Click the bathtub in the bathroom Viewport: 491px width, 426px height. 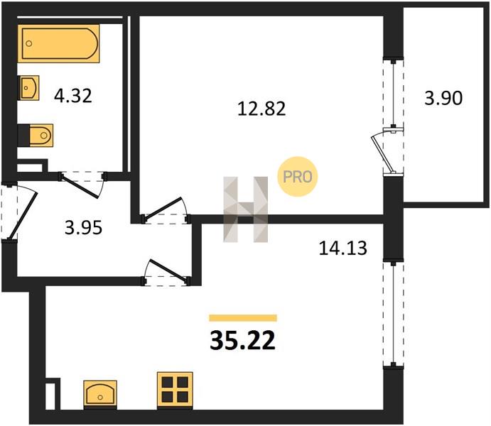pyautogui.click(x=58, y=43)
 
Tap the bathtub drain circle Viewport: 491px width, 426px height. pyautogui.click(x=29, y=44)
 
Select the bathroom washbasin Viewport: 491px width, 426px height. pyautogui.click(x=28, y=88)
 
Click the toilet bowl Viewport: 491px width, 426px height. pyautogui.click(x=41, y=136)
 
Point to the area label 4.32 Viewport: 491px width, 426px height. pyautogui.click(x=73, y=96)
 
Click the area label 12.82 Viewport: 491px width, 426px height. pyautogui.click(x=261, y=109)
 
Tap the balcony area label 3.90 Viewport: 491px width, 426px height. pyautogui.click(x=443, y=98)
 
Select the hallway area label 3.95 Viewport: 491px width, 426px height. pyautogui.click(x=83, y=228)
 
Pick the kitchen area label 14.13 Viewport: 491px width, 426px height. pyautogui.click(x=343, y=248)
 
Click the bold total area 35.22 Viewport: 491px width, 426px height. pyautogui.click(x=243, y=341)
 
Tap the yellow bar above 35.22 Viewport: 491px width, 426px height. pyautogui.click(x=243, y=318)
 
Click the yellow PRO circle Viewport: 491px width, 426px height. pyautogui.click(x=298, y=177)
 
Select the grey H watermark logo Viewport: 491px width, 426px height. pyautogui.click(x=246, y=209)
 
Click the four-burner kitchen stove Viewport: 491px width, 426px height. pyautogui.click(x=175, y=390)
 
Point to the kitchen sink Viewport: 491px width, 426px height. pyautogui.click(x=100, y=395)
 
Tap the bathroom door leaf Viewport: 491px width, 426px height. pyautogui.click(x=80, y=187)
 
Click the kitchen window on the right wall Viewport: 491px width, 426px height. pyautogui.click(x=394, y=315)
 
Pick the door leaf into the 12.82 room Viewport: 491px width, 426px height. pyautogui.click(x=163, y=207)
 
